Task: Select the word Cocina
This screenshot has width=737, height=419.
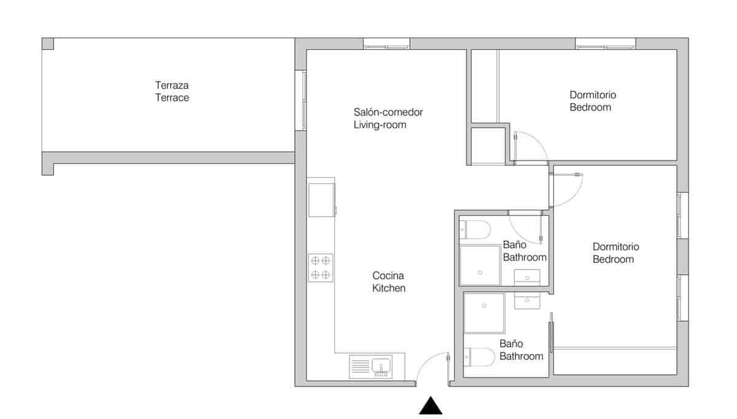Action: tap(388, 275)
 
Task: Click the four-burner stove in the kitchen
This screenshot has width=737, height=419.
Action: tap(321, 268)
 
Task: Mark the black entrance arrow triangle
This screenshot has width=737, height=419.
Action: tap(431, 406)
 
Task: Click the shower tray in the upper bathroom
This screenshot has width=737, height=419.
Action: tap(480, 266)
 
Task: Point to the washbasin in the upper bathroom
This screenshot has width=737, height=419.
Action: tap(526, 275)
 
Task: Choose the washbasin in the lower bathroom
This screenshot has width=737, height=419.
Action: tap(526, 300)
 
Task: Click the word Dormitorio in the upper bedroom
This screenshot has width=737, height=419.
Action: tap(593, 95)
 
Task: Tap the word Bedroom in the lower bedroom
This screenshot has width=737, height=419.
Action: tap(613, 259)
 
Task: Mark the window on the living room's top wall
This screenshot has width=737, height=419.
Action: tap(386, 44)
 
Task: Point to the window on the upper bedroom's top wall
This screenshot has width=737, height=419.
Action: tap(605, 44)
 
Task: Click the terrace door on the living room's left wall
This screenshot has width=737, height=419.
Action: tap(300, 100)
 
